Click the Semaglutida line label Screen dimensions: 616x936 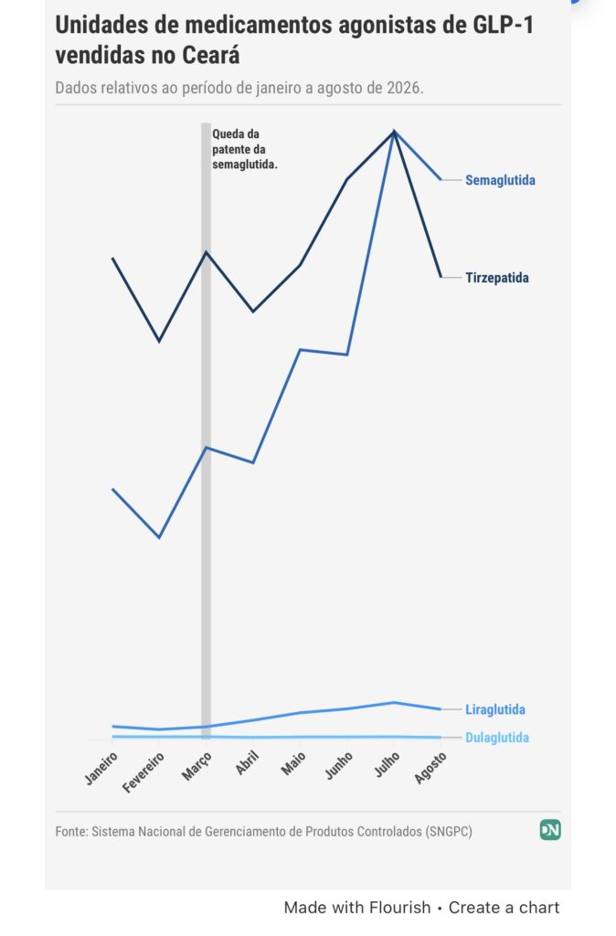(500, 180)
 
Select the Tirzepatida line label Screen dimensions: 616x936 (497, 278)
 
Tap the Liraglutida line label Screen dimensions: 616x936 (495, 709)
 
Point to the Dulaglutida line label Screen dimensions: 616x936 (497, 738)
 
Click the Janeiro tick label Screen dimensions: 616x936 (101, 768)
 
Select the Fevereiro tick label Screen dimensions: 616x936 (143, 772)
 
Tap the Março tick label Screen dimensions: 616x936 (197, 766)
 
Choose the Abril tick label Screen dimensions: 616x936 (247, 763)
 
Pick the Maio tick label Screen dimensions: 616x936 (293, 763)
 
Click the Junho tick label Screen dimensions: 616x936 (339, 765)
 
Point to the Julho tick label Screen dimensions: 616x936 (387, 764)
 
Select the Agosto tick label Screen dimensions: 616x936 (430, 768)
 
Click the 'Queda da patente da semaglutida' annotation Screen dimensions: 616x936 (245, 149)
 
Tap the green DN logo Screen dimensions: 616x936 (550, 830)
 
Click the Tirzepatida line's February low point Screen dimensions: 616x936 (159, 342)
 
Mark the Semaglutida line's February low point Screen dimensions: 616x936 (159, 537)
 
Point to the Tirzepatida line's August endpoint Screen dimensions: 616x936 (441, 277)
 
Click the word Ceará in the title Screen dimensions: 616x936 (211, 56)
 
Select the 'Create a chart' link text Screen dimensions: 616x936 (504, 908)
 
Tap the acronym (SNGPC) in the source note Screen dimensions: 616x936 (449, 832)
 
